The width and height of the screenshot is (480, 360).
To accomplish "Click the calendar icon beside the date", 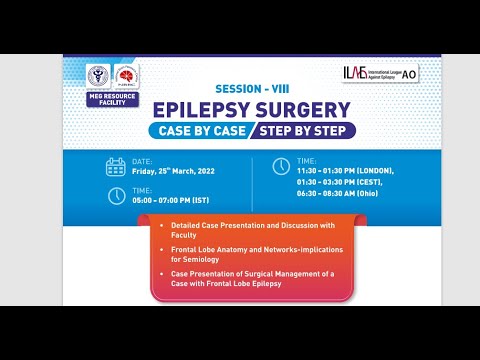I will click(x=116, y=167).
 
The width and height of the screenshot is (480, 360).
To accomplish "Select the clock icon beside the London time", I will click(x=281, y=167).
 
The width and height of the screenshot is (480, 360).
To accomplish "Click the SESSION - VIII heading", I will click(x=250, y=87).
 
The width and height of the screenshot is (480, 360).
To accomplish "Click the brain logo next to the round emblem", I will click(x=128, y=78).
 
